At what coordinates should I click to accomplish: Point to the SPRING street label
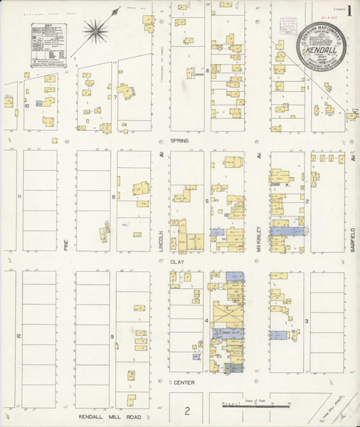179,141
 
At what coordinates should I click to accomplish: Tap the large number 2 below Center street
187,411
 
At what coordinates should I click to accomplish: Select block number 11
20,196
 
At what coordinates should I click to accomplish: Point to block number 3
307,322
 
